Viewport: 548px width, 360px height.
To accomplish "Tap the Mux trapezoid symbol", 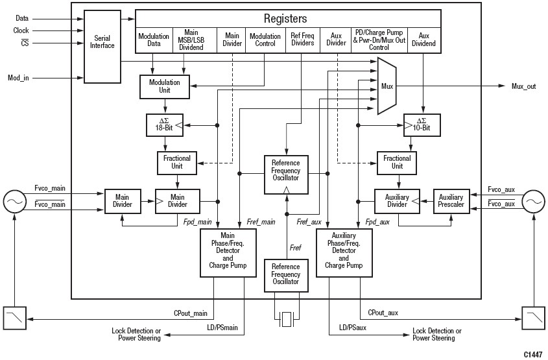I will pyautogui.click(x=387, y=86).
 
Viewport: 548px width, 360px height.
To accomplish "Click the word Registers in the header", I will pyautogui.click(x=285, y=19).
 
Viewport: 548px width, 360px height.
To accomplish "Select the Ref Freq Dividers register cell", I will pyautogui.click(x=302, y=40).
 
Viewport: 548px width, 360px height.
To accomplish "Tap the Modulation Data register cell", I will pyautogui.click(x=154, y=40).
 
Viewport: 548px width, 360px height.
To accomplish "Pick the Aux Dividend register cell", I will pyautogui.click(x=423, y=40).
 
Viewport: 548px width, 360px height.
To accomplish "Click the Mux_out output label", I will pyautogui.click(x=523, y=86).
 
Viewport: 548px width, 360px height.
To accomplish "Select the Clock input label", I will pyautogui.click(x=21, y=30).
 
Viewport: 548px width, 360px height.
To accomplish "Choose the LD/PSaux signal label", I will pyautogui.click(x=352, y=330).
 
